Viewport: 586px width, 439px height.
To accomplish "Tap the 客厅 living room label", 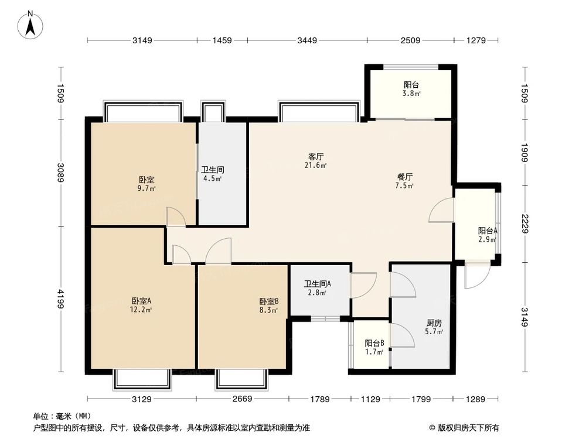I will pyautogui.click(x=316, y=157).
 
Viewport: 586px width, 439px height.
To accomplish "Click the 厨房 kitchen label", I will pyautogui.click(x=434, y=323).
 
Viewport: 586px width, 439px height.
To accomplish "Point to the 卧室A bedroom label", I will pyautogui.click(x=141, y=301).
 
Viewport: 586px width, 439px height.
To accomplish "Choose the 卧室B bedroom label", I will pyautogui.click(x=269, y=301).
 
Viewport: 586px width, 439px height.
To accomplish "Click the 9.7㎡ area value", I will pyautogui.click(x=146, y=188).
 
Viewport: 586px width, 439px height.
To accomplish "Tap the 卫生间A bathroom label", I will pyautogui.click(x=318, y=284).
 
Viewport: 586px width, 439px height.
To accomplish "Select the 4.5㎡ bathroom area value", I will pyautogui.click(x=212, y=179).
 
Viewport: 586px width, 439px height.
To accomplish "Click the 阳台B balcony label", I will pyautogui.click(x=374, y=344).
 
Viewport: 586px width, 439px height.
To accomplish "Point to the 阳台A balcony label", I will pyautogui.click(x=488, y=231).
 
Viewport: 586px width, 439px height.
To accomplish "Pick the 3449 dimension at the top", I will pyautogui.click(x=307, y=40).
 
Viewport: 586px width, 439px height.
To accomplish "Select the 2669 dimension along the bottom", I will pyautogui.click(x=241, y=399).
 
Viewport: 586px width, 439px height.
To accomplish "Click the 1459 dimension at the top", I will pyautogui.click(x=222, y=40).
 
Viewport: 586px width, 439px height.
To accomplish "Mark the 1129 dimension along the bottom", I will pyautogui.click(x=370, y=399).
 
